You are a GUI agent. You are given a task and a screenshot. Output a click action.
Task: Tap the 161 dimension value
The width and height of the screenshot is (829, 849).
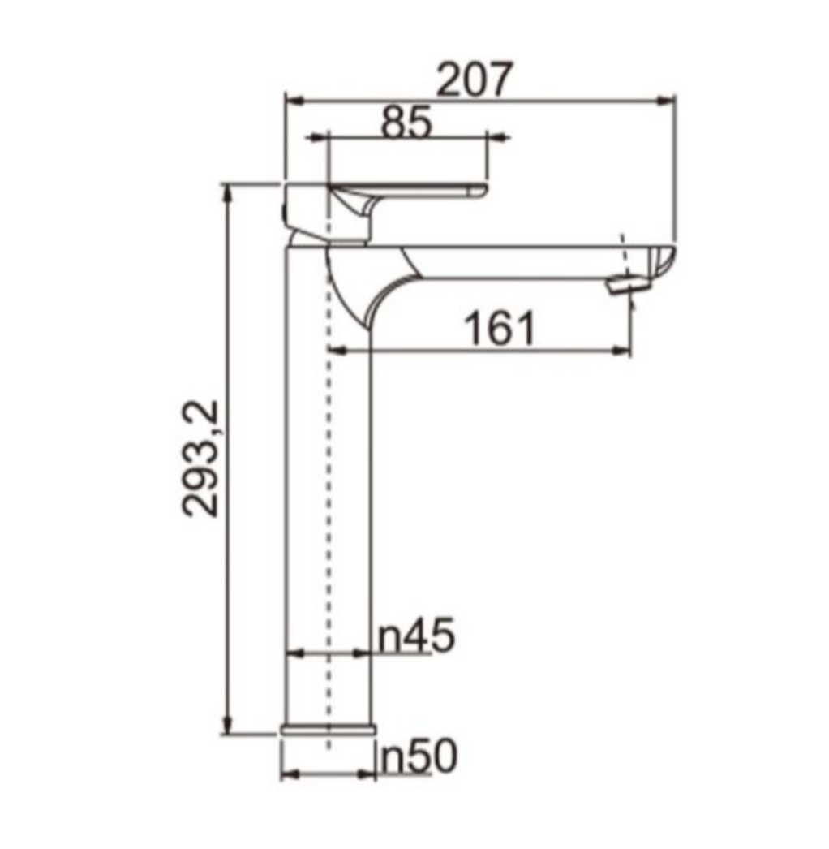click(500, 330)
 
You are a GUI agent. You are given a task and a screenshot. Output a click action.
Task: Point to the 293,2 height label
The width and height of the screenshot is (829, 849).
click(200, 459)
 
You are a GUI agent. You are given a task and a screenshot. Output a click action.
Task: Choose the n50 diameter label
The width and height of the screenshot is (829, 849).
click(419, 757)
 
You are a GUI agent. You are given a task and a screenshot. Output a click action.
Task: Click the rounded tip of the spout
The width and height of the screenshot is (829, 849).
click(665, 261)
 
